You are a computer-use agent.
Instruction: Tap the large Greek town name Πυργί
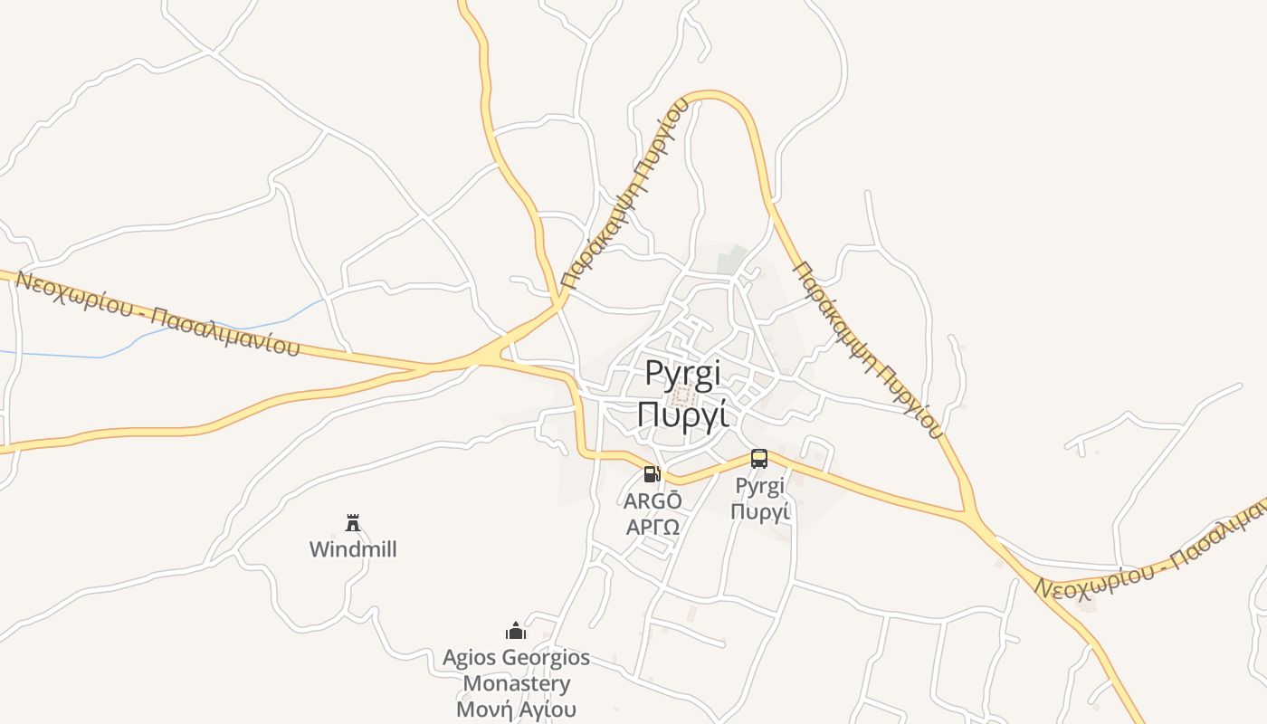click(x=683, y=414)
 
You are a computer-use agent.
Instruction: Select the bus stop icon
click(x=759, y=459)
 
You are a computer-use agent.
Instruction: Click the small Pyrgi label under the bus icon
click(x=759, y=487)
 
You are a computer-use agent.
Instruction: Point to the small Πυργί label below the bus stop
click(x=760, y=511)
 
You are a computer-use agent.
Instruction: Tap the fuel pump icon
click(x=652, y=474)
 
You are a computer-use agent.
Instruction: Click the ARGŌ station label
click(x=653, y=500)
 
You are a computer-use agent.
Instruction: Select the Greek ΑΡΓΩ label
click(x=653, y=526)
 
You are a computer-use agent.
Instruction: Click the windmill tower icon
click(x=353, y=522)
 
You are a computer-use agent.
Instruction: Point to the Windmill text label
click(x=353, y=549)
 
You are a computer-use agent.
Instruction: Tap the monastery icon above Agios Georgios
click(x=516, y=631)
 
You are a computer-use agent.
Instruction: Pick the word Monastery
click(x=516, y=683)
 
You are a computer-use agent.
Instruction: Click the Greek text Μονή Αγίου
click(x=516, y=709)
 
